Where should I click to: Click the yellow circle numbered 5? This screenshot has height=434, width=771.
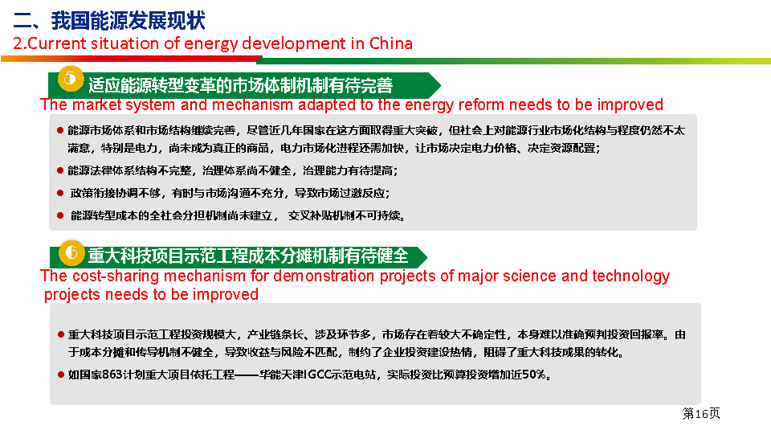tap(71, 79)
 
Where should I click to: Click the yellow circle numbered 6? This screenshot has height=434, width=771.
tap(71, 253)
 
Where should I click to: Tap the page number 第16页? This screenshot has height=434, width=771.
tap(700, 413)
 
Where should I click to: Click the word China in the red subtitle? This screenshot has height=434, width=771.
tap(391, 43)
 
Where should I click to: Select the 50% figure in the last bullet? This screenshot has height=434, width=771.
tap(535, 375)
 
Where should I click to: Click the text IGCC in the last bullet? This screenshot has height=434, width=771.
tap(318, 375)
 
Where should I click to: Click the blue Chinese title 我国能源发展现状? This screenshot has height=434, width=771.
tap(128, 20)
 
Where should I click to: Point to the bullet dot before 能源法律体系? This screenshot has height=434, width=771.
tap(60, 170)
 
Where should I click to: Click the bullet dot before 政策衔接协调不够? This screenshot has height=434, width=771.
tap(60, 193)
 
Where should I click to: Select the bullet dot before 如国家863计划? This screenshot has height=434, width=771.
tap(60, 375)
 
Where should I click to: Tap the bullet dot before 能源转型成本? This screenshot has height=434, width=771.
tap(60, 215)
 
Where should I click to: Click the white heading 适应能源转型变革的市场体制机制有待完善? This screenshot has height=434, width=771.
tap(240, 86)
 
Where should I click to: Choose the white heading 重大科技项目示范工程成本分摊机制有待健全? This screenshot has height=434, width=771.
tap(248, 256)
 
